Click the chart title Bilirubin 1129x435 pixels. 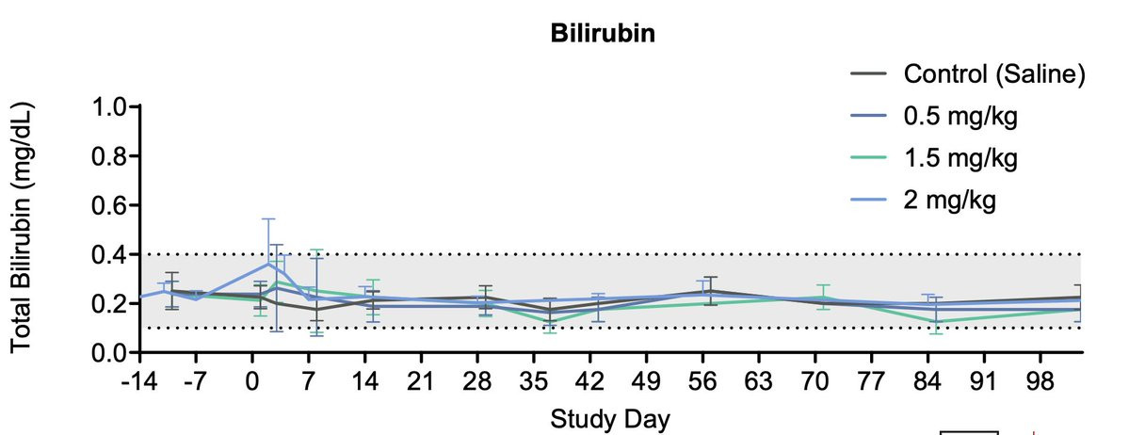click(x=604, y=33)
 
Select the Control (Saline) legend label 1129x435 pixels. click(x=993, y=73)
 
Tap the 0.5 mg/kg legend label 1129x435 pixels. click(x=960, y=115)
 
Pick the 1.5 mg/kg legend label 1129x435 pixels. click(x=960, y=157)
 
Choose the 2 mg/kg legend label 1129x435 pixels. click(x=950, y=199)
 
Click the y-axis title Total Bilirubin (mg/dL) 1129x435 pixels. click(x=23, y=229)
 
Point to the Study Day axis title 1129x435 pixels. click(x=610, y=418)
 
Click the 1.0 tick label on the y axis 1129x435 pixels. click(x=108, y=107)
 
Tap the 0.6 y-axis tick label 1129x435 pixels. click(x=108, y=205)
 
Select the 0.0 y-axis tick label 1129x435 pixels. click(x=108, y=352)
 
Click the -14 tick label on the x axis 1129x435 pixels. click(x=139, y=381)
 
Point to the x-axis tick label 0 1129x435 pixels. click(x=252, y=381)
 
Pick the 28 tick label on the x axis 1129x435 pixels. click(x=476, y=381)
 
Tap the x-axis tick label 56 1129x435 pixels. click(x=702, y=381)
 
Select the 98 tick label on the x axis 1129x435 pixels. click(x=1040, y=381)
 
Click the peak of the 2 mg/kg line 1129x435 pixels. click(x=268, y=263)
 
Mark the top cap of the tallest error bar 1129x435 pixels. click(x=268, y=219)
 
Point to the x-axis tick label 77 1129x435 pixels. click(x=871, y=381)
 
